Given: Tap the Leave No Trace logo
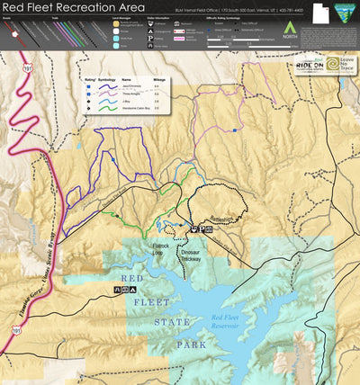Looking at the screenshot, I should coord(338,65).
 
